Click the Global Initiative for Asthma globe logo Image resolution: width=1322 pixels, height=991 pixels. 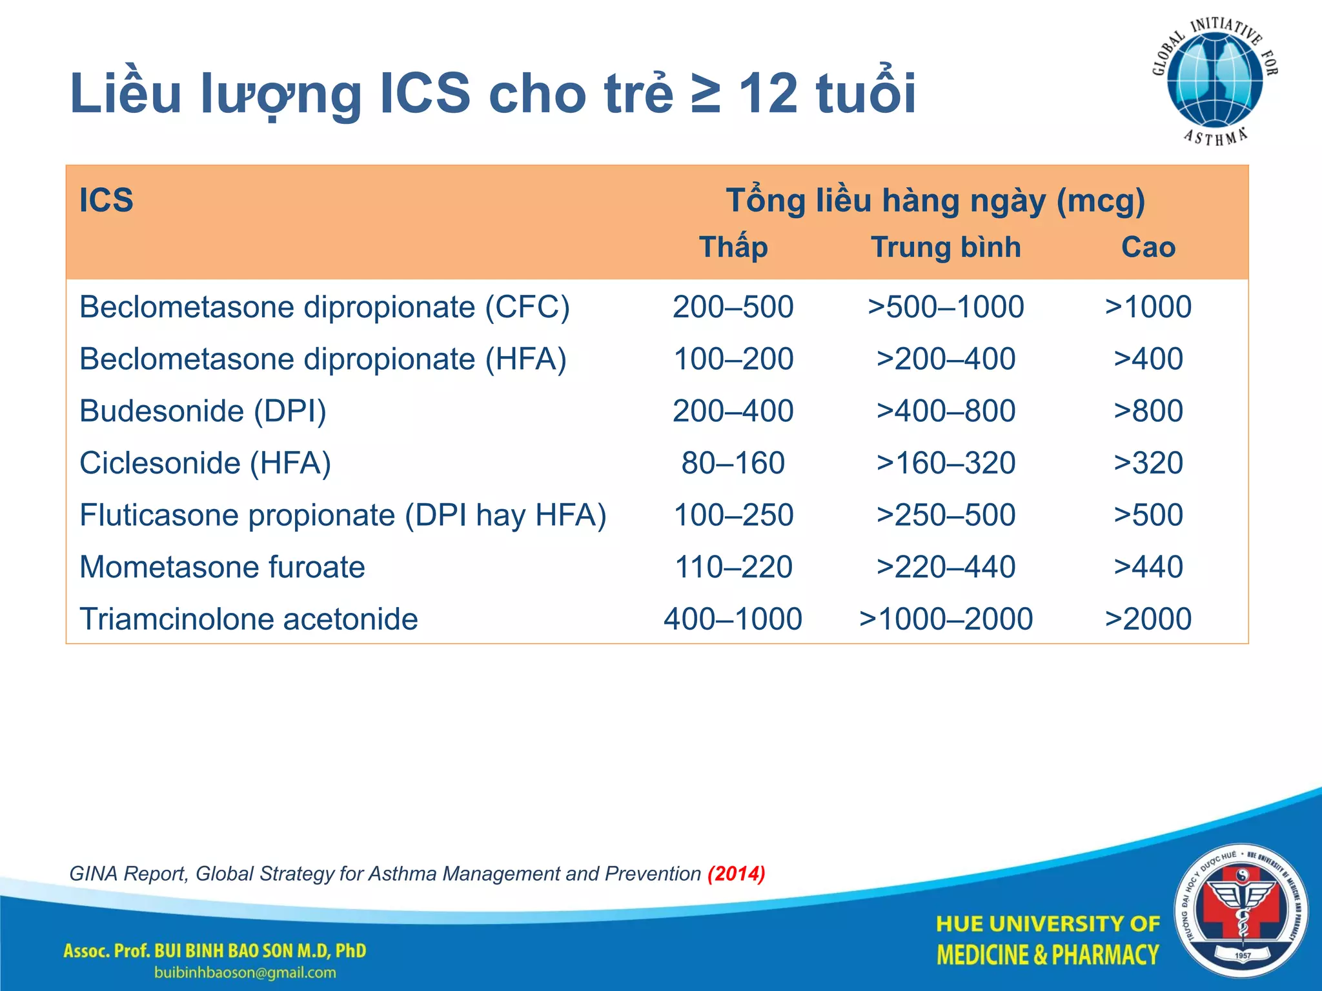pos(1215,81)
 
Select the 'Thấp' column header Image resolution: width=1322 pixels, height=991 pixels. pos(733,247)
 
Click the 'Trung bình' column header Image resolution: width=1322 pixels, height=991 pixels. pos(946,247)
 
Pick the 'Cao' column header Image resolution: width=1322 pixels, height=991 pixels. pos(1148,247)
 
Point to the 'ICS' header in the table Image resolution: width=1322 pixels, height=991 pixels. pos(107,200)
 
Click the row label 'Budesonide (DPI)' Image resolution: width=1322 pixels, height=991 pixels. pos(203,411)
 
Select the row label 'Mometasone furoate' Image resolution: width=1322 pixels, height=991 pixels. pos(222,567)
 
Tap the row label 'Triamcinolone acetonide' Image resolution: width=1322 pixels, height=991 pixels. pos(249,619)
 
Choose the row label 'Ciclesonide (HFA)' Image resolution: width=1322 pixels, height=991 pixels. pos(205,463)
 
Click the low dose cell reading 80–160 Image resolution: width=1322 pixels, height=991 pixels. pos(733,463)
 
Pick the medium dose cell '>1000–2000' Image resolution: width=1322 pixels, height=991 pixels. pos(946,619)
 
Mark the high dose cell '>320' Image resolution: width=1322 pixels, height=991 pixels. pos(1148,463)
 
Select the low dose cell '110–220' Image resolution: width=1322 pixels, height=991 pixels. pos(733,567)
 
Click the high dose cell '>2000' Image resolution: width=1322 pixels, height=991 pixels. pos(1148,619)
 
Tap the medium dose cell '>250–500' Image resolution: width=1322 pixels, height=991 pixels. pos(946,515)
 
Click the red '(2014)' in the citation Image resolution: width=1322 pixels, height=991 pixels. pos(736,874)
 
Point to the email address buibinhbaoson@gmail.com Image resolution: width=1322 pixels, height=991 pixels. pos(245,973)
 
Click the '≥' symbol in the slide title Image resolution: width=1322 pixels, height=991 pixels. pos(705,94)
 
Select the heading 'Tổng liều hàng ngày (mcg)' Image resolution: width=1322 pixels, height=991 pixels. pos(935,200)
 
